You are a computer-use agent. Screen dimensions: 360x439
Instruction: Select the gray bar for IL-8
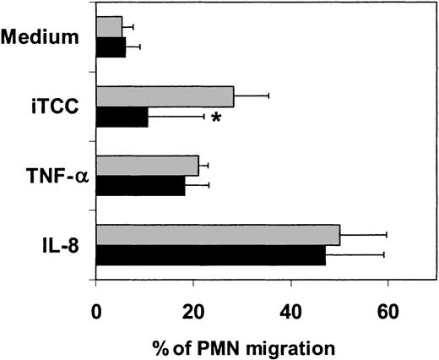(219, 235)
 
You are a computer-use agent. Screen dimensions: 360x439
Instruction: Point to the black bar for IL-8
(211, 255)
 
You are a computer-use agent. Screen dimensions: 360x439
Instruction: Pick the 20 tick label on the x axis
(193, 310)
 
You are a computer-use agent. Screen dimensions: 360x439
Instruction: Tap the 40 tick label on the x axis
(290, 310)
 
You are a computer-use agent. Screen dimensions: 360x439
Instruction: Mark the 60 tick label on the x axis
(388, 310)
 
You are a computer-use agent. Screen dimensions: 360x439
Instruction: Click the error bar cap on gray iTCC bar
(268, 95)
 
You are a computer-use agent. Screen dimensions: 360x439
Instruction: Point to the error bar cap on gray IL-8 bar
(387, 235)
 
